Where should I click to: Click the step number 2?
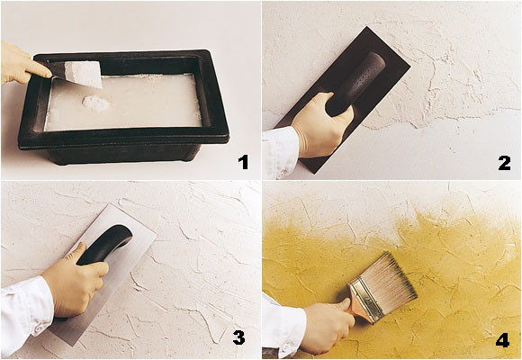504,162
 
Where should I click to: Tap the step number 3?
238,337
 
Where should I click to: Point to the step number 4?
502,339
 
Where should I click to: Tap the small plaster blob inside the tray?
96,104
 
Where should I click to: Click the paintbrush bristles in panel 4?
389,281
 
